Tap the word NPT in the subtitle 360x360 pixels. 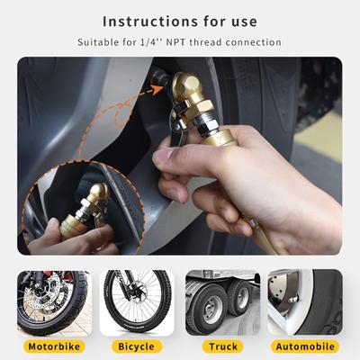(x=176, y=42)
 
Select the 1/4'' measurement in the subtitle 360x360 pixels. (x=151, y=42)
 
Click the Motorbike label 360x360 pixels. (x=54, y=346)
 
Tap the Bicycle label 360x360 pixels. (x=137, y=346)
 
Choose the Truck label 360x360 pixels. (x=223, y=346)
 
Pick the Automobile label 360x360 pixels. (x=305, y=346)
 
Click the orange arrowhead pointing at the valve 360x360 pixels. (x=157, y=89)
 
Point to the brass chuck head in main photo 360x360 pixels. (x=185, y=86)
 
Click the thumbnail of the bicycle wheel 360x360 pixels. (x=137, y=302)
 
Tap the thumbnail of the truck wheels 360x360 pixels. (x=222, y=302)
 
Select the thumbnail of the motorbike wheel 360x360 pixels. (x=54, y=302)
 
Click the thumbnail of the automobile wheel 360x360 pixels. (x=305, y=302)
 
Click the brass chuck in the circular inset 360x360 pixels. (x=98, y=192)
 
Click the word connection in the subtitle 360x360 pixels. (x=254, y=42)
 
